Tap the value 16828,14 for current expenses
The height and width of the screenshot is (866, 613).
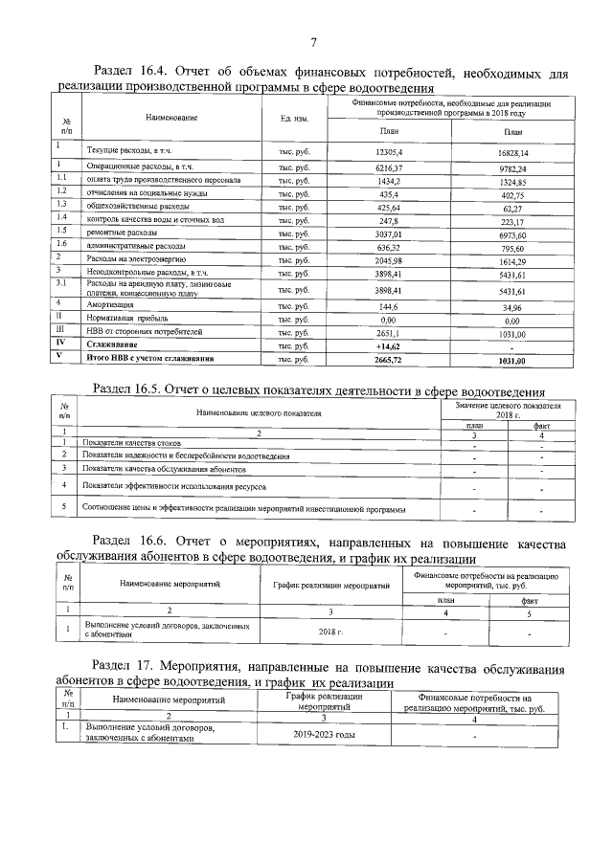pos(512,152)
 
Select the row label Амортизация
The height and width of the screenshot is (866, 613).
pos(110,305)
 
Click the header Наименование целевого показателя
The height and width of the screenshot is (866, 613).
pos(260,412)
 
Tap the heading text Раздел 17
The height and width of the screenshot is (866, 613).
pos(125,666)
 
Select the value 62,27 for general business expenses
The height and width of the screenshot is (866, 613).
pos(512,206)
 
